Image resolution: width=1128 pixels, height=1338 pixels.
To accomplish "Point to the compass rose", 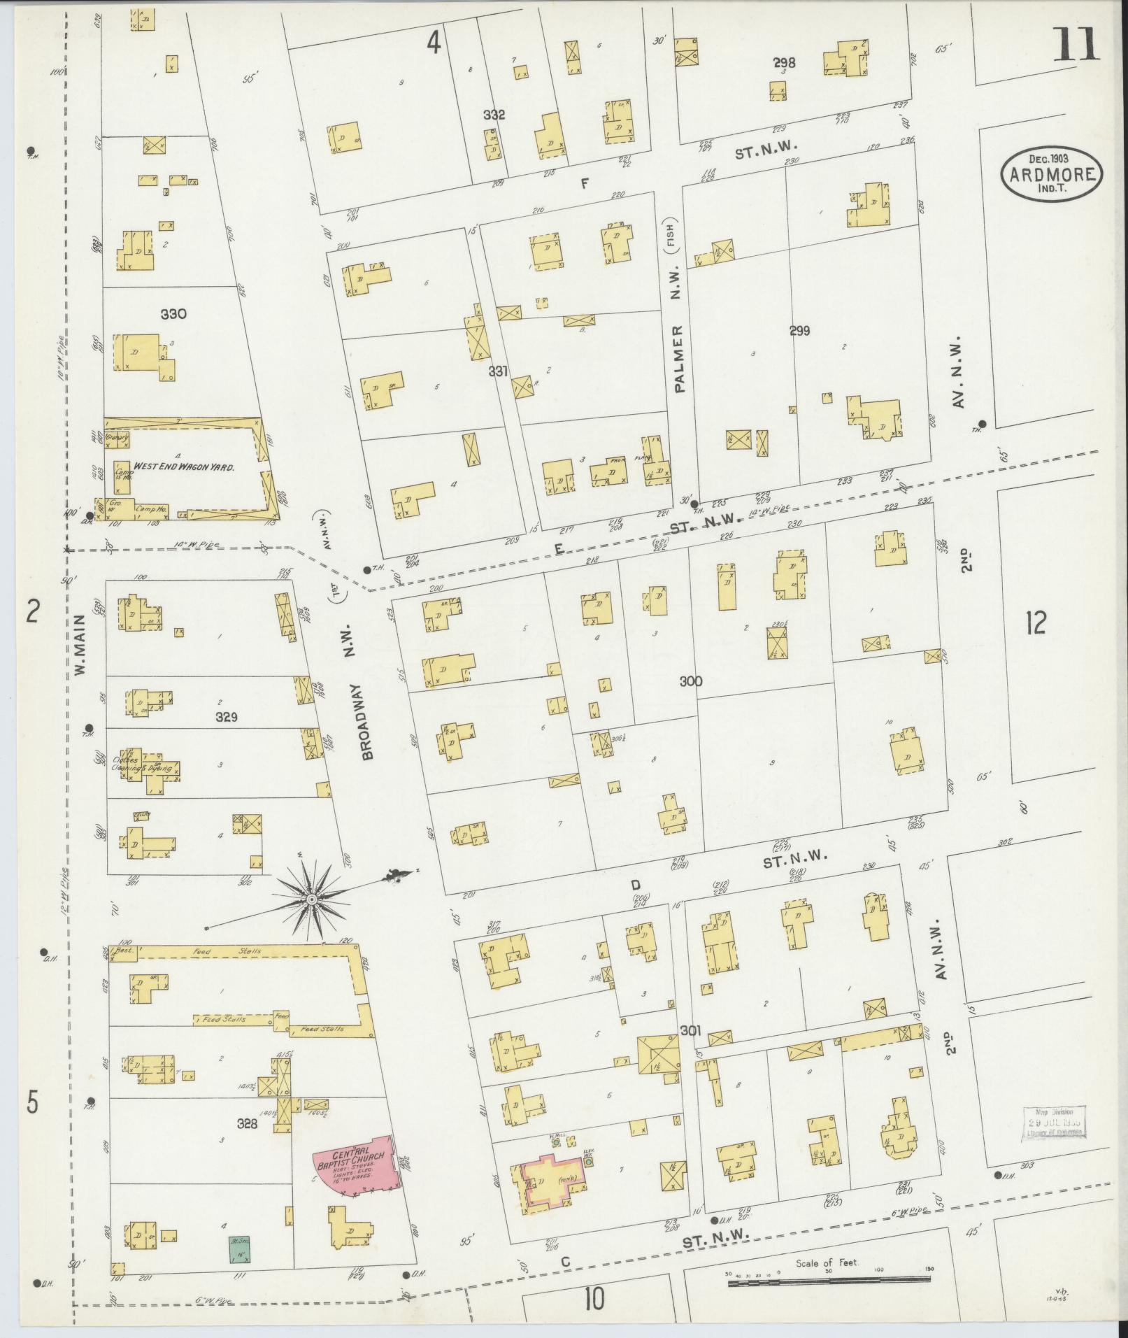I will [310, 898].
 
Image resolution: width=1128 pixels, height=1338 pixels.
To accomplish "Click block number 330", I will [173, 314].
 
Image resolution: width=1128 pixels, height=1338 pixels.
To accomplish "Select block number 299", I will [799, 331].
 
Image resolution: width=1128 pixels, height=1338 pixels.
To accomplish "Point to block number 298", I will [784, 63].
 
